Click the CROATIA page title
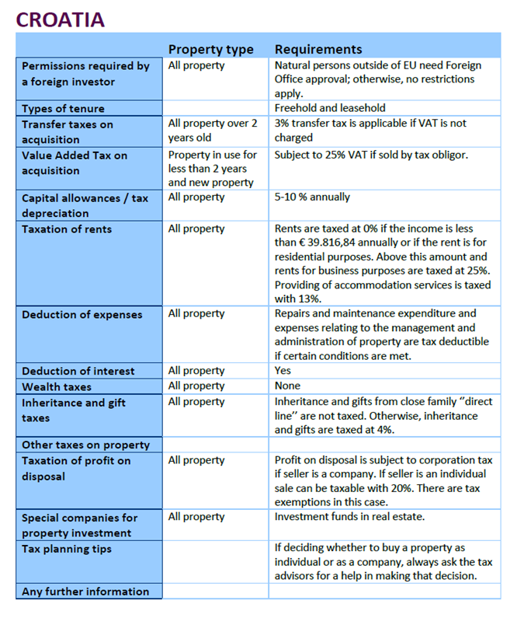pos(60,19)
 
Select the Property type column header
pos(210,49)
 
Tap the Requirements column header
pos(318,49)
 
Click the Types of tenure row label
pos(63,108)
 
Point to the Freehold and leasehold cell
pos(329,108)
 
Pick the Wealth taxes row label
pos(57,386)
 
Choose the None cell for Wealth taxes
pos(287,386)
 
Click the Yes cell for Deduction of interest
pos(283,371)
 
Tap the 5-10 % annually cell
pos(312,197)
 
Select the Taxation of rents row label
pos(67,229)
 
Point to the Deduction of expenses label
pos(82,314)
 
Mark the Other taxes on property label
pos(85,445)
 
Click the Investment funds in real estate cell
pos(349,517)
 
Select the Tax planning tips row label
pos(67,549)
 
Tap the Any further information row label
pos(85,592)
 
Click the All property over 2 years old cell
pos(212,131)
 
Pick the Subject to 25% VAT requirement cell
pos(370,155)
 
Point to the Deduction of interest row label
pos(78,371)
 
